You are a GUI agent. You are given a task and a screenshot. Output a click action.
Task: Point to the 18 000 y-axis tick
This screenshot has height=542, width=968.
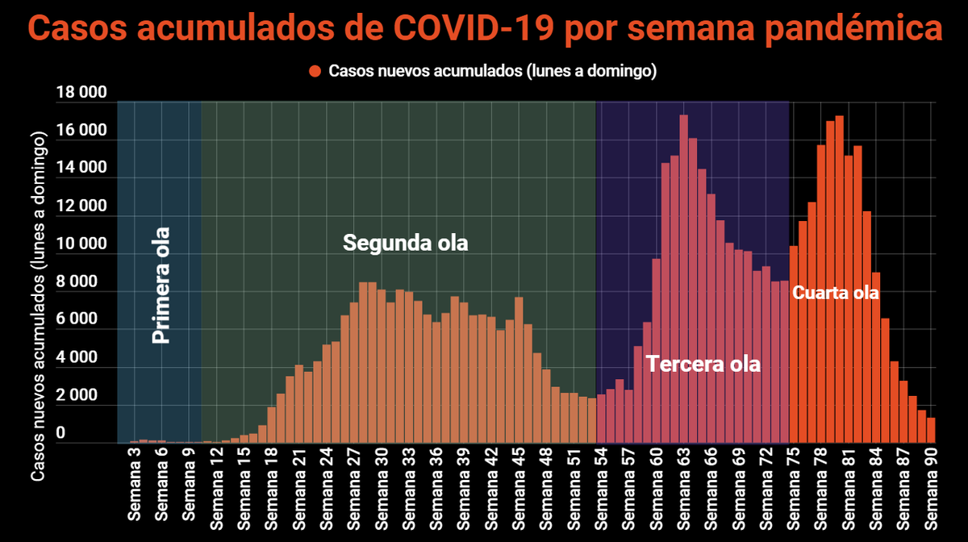coord(81,94)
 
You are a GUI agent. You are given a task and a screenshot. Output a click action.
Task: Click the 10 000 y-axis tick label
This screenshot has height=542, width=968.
coord(81,244)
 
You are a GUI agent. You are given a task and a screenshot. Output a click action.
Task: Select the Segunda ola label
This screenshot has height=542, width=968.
coord(405,243)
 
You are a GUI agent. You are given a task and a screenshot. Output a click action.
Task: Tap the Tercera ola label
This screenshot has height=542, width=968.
coord(703,365)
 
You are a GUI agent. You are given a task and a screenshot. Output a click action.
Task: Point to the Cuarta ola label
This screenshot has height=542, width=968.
coord(835,293)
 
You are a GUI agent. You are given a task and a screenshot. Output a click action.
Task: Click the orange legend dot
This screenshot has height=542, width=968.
coord(315,71)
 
